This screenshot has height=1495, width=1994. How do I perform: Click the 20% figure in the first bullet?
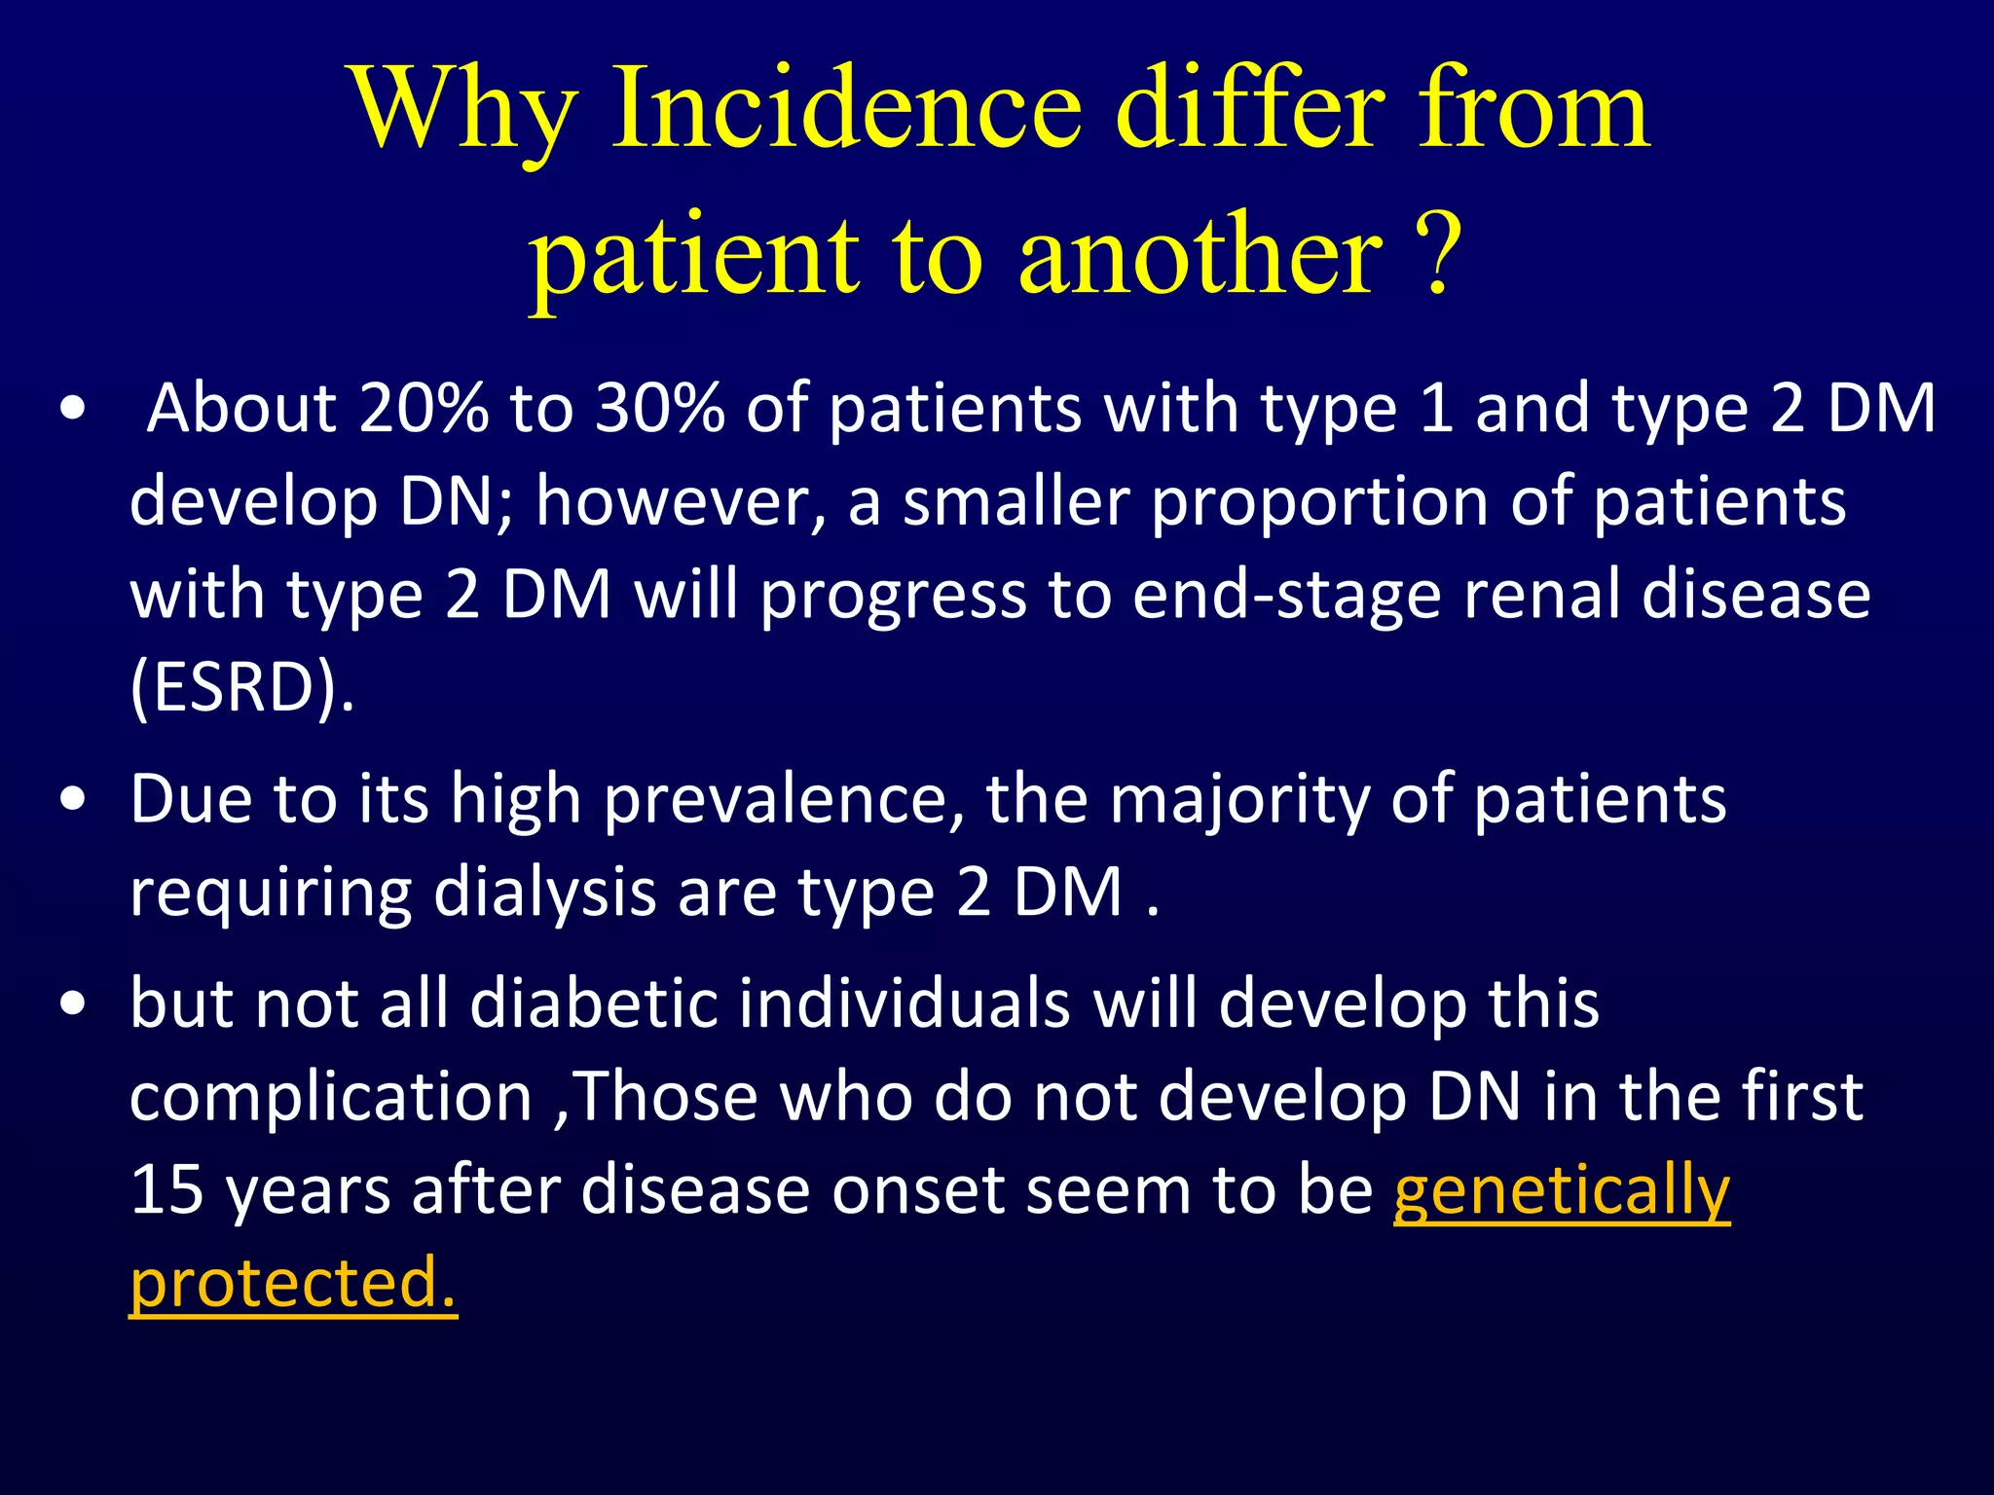(424, 409)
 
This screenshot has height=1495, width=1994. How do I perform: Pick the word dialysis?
(544, 893)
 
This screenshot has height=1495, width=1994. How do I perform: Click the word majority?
(1237, 801)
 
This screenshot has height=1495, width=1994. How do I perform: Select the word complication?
(331, 1098)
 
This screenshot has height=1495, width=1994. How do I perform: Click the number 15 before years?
(166, 1189)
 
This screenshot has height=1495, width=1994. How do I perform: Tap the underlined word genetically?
(1561, 1191)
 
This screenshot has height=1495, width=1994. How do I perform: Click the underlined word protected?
(292, 1284)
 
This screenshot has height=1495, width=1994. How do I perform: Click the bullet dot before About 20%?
(72, 410)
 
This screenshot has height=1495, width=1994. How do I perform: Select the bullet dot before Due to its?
(72, 801)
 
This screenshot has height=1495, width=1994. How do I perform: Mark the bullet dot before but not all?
(72, 1004)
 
